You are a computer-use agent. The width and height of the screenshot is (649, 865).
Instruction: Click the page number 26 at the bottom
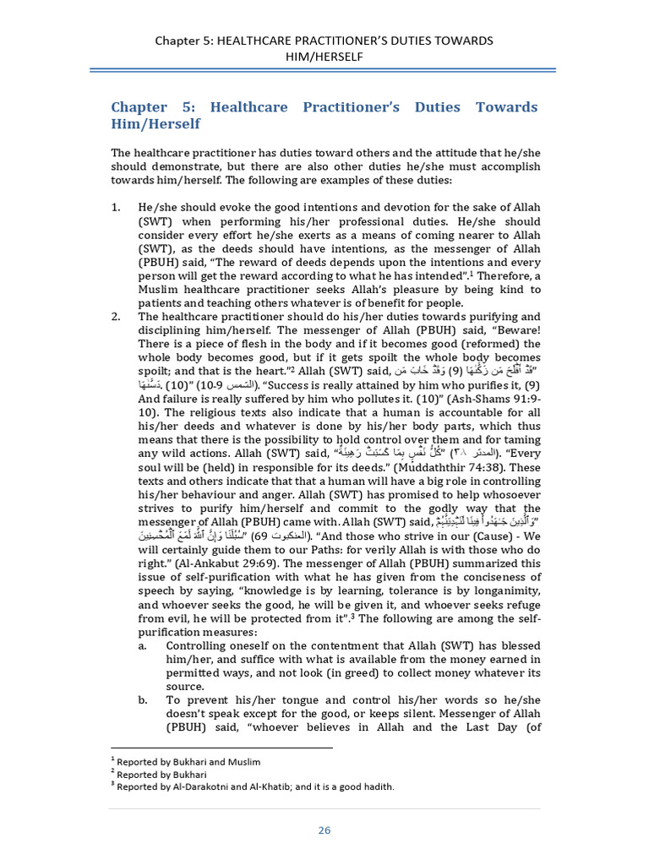click(324, 830)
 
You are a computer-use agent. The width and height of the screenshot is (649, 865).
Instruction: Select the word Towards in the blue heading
click(504, 107)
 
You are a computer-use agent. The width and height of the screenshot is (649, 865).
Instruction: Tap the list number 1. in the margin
click(117, 207)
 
